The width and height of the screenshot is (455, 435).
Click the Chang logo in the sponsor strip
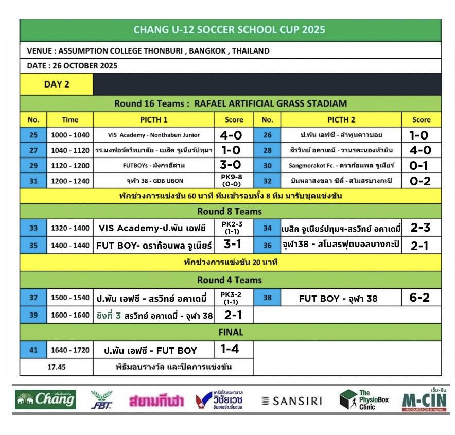46,399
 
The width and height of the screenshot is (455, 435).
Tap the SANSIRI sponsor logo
291,401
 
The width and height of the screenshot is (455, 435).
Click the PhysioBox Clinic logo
364,399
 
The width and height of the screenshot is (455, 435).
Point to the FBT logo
101,400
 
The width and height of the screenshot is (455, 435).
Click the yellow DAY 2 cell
57,84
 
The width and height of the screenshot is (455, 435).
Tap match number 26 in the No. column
267,135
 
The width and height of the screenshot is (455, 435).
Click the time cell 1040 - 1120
70,150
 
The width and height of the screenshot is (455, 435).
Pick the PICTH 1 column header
154,120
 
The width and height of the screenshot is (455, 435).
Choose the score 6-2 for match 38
419,298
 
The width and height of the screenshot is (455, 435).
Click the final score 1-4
230,349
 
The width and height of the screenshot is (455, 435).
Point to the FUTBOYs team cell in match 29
154,166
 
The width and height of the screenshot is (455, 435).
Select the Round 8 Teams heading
230,211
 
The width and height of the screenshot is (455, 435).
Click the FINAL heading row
230,332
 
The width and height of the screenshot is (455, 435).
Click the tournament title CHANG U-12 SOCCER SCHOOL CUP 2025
230,29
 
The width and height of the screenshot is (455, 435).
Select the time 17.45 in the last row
57,367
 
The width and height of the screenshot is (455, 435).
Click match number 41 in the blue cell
33,350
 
